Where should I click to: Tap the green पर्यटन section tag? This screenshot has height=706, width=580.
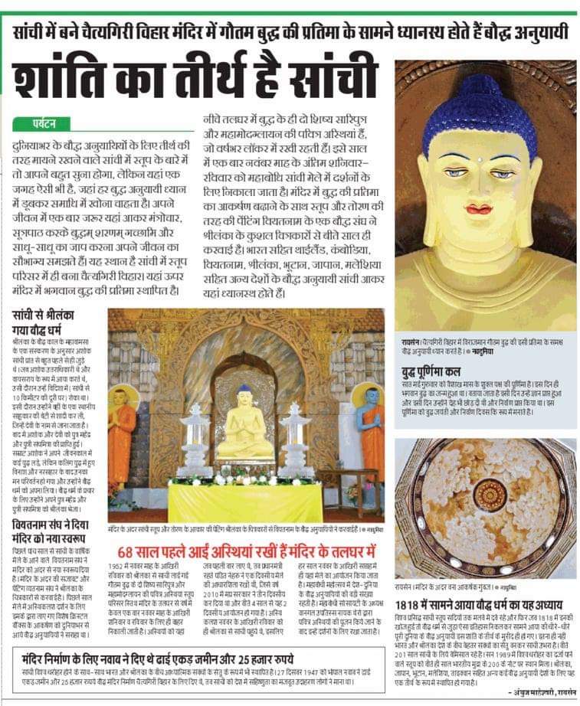click(44, 123)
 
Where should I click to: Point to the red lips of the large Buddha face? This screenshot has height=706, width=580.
click(478, 208)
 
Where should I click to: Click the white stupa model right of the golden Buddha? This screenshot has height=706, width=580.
click(296, 440)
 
